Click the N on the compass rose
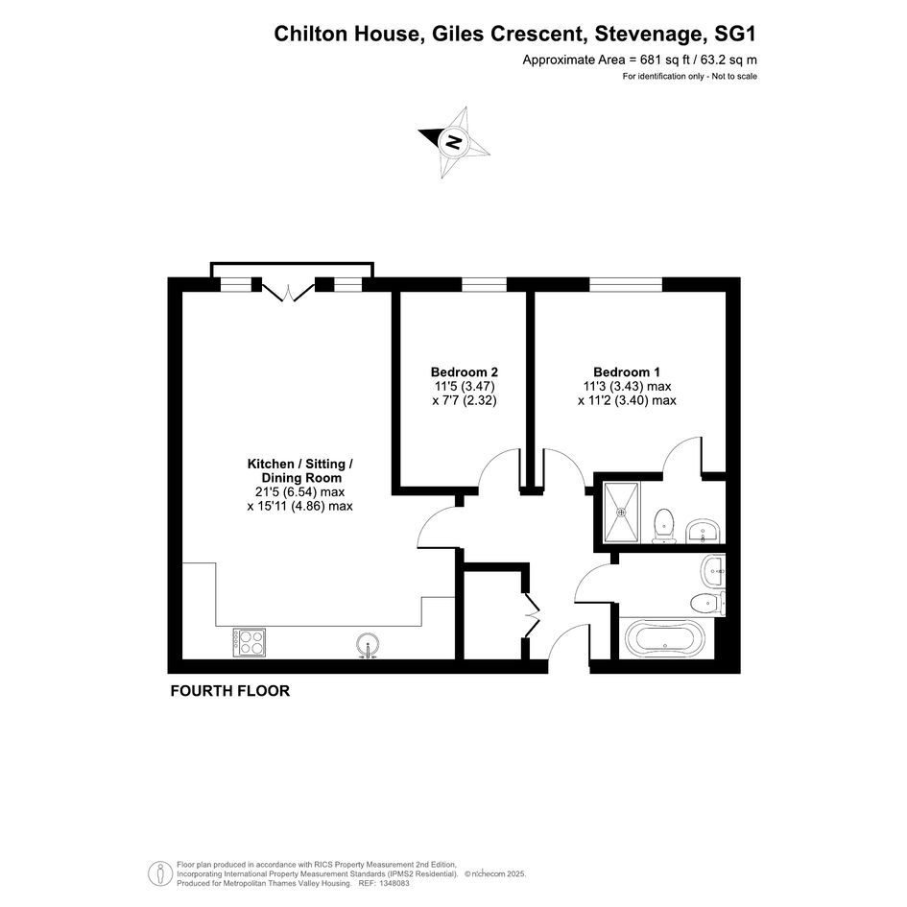click(x=454, y=141)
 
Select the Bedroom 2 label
click(x=465, y=372)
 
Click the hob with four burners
click(x=250, y=642)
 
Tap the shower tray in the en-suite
click(x=621, y=512)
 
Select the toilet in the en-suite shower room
click(x=663, y=526)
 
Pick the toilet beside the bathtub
click(x=707, y=604)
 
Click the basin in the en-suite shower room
click(x=704, y=531)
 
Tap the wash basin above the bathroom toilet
click(x=712, y=571)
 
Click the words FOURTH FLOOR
click(x=230, y=691)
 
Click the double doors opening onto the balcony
click(x=286, y=289)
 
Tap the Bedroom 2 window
click(x=484, y=285)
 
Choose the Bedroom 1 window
click(x=626, y=285)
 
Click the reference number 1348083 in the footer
click(x=393, y=884)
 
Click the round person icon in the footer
click(x=159, y=874)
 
